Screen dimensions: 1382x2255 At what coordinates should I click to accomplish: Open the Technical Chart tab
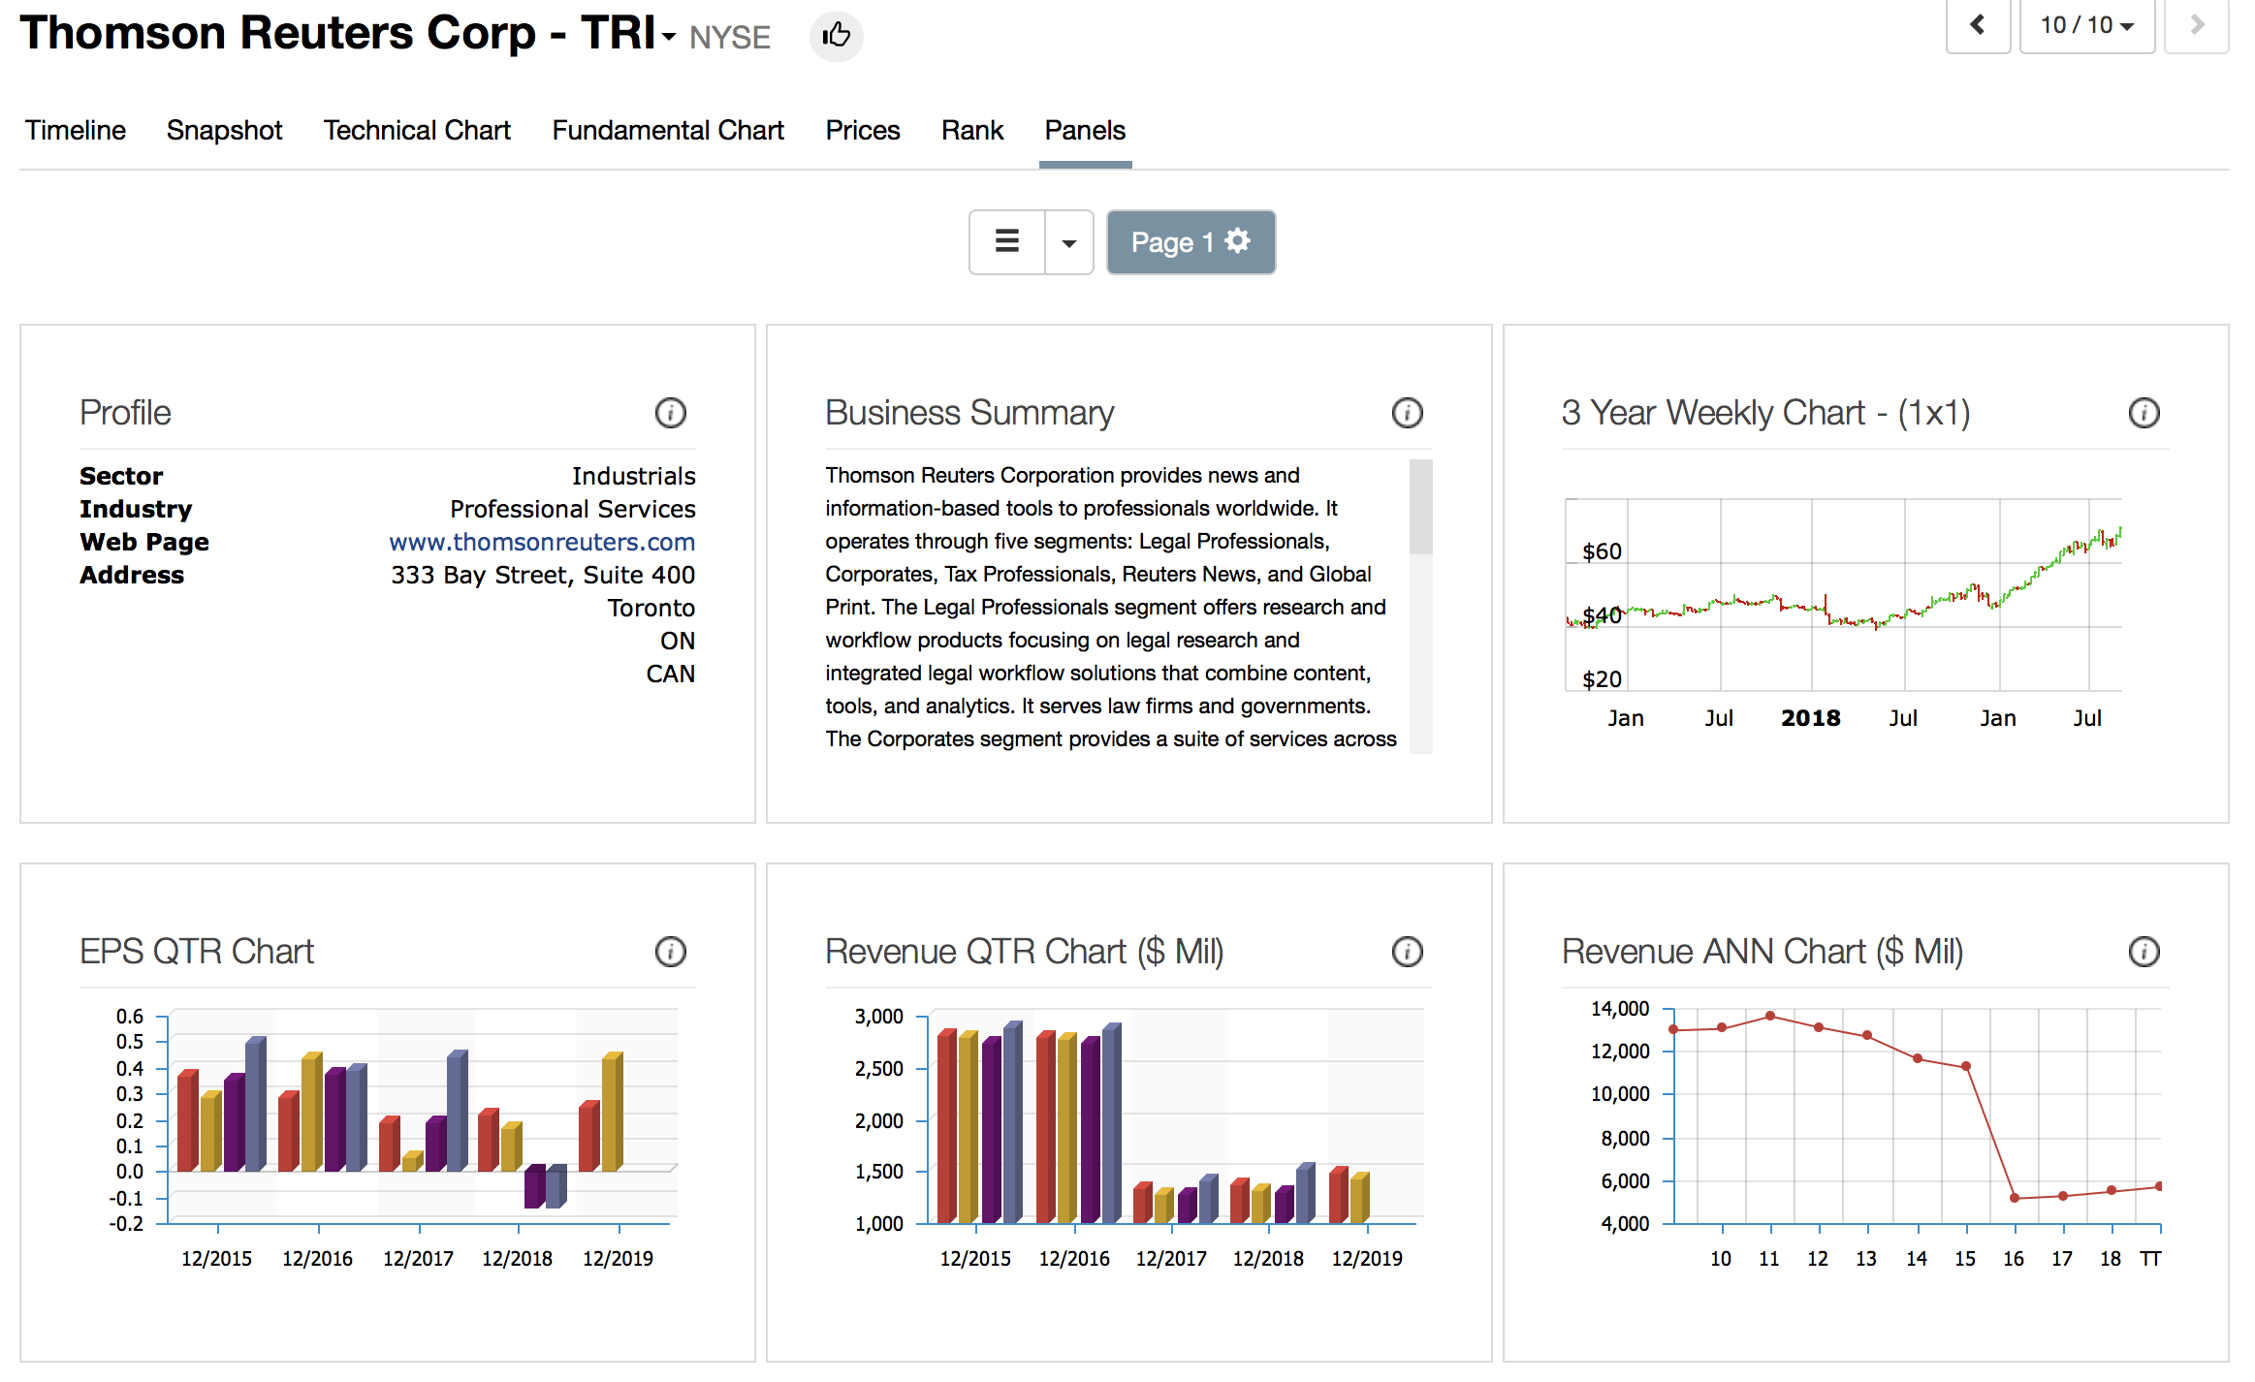pyautogui.click(x=417, y=131)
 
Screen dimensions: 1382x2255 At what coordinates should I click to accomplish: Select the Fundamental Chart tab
pyautogui.click(x=668, y=131)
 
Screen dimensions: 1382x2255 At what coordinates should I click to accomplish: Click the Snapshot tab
pyautogui.click(x=224, y=131)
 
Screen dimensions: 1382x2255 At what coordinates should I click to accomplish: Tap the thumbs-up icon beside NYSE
pyautogui.click(x=836, y=37)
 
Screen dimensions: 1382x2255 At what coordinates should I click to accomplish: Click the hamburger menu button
pyautogui.click(x=1007, y=242)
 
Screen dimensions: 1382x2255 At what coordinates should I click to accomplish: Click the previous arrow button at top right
pyautogui.click(x=1978, y=25)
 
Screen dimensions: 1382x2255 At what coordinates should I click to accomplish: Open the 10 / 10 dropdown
pyautogui.click(x=2086, y=25)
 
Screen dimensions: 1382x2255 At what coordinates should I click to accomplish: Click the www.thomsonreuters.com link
pyautogui.click(x=542, y=542)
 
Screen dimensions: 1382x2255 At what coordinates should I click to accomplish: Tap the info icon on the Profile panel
pyautogui.click(x=670, y=413)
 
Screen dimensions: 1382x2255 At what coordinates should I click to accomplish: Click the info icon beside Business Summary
pyautogui.click(x=1407, y=413)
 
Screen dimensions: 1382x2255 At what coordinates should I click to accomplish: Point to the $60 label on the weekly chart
pyautogui.click(x=1602, y=552)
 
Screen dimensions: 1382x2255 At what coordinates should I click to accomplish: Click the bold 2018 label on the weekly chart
pyautogui.click(x=1810, y=718)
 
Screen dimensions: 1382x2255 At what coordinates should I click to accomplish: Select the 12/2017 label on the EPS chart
pyautogui.click(x=418, y=1259)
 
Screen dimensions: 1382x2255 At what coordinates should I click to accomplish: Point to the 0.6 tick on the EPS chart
pyautogui.click(x=130, y=1017)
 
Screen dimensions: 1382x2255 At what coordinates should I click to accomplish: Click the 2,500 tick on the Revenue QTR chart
pyautogui.click(x=878, y=1069)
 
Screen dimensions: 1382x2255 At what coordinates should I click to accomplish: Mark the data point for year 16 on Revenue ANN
pyautogui.click(x=2015, y=1198)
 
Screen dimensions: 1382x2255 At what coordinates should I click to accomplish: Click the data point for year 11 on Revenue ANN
pyautogui.click(x=1770, y=1016)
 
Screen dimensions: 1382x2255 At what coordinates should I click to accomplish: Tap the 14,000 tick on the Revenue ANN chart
pyautogui.click(x=1619, y=1009)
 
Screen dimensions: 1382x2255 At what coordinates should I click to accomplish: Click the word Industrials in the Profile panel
pyautogui.click(x=633, y=476)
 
